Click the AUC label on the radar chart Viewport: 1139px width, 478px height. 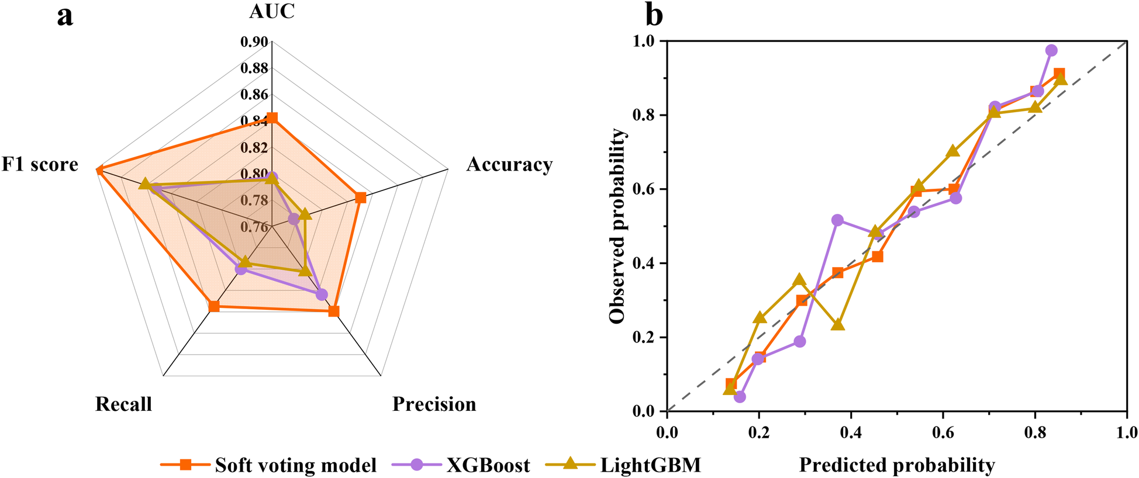pyautogui.click(x=272, y=12)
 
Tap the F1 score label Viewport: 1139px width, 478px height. pyautogui.click(x=40, y=164)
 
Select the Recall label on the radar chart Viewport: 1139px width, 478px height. pyautogui.click(x=123, y=404)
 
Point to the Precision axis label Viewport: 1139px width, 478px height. pyautogui.click(x=434, y=404)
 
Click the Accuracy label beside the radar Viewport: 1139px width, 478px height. pyautogui.click(x=509, y=164)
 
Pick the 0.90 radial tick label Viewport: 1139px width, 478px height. pyautogui.click(x=254, y=42)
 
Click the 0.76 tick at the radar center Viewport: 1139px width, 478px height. pyautogui.click(x=254, y=227)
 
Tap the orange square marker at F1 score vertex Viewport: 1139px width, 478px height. pyautogui.click(x=99, y=170)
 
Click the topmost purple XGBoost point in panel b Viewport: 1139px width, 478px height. pyautogui.click(x=1051, y=50)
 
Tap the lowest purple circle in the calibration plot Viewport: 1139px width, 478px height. pyautogui.click(x=740, y=397)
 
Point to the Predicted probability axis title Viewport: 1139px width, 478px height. pyautogui.click(x=897, y=465)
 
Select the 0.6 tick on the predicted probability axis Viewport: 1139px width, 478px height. pyautogui.click(x=943, y=433)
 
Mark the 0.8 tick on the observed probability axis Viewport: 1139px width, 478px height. pyautogui.click(x=643, y=115)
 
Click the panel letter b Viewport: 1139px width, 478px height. pyautogui.click(x=654, y=16)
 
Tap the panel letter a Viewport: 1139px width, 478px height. pyautogui.click(x=65, y=16)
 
